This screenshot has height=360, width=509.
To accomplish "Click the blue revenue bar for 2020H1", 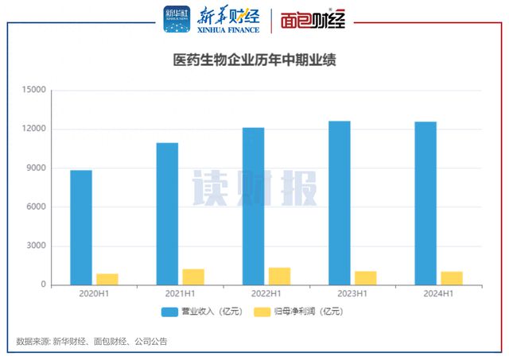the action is (81, 227).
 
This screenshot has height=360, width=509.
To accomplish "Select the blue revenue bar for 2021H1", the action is (167, 214).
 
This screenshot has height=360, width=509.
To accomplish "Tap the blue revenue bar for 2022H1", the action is (254, 207).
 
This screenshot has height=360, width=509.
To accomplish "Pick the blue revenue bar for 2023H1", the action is (340, 203).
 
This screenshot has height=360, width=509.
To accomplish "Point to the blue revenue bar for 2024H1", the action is (425, 203).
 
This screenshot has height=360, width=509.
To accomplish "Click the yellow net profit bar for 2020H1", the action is (107, 280).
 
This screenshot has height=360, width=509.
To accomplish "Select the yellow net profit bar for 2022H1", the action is (279, 277).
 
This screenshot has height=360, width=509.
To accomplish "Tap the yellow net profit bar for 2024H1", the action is (452, 279).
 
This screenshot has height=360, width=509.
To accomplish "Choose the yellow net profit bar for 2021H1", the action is (193, 277).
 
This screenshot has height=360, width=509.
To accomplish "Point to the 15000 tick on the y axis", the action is (33, 90).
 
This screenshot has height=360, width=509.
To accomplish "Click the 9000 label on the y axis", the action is (36, 168).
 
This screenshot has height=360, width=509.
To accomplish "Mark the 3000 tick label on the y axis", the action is (36, 246).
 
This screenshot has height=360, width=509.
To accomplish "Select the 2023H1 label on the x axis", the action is (352, 294).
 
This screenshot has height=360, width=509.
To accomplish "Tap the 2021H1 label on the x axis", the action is (181, 294).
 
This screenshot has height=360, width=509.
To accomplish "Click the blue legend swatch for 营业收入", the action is (169, 312).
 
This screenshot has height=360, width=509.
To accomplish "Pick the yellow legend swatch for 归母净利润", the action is (262, 312).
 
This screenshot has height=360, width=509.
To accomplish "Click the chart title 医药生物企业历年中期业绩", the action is (254, 60).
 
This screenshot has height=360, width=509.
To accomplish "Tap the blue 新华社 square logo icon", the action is (177, 19).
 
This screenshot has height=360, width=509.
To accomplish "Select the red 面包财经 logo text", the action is (313, 20).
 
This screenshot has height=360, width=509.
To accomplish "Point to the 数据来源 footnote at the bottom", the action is (92, 342).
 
